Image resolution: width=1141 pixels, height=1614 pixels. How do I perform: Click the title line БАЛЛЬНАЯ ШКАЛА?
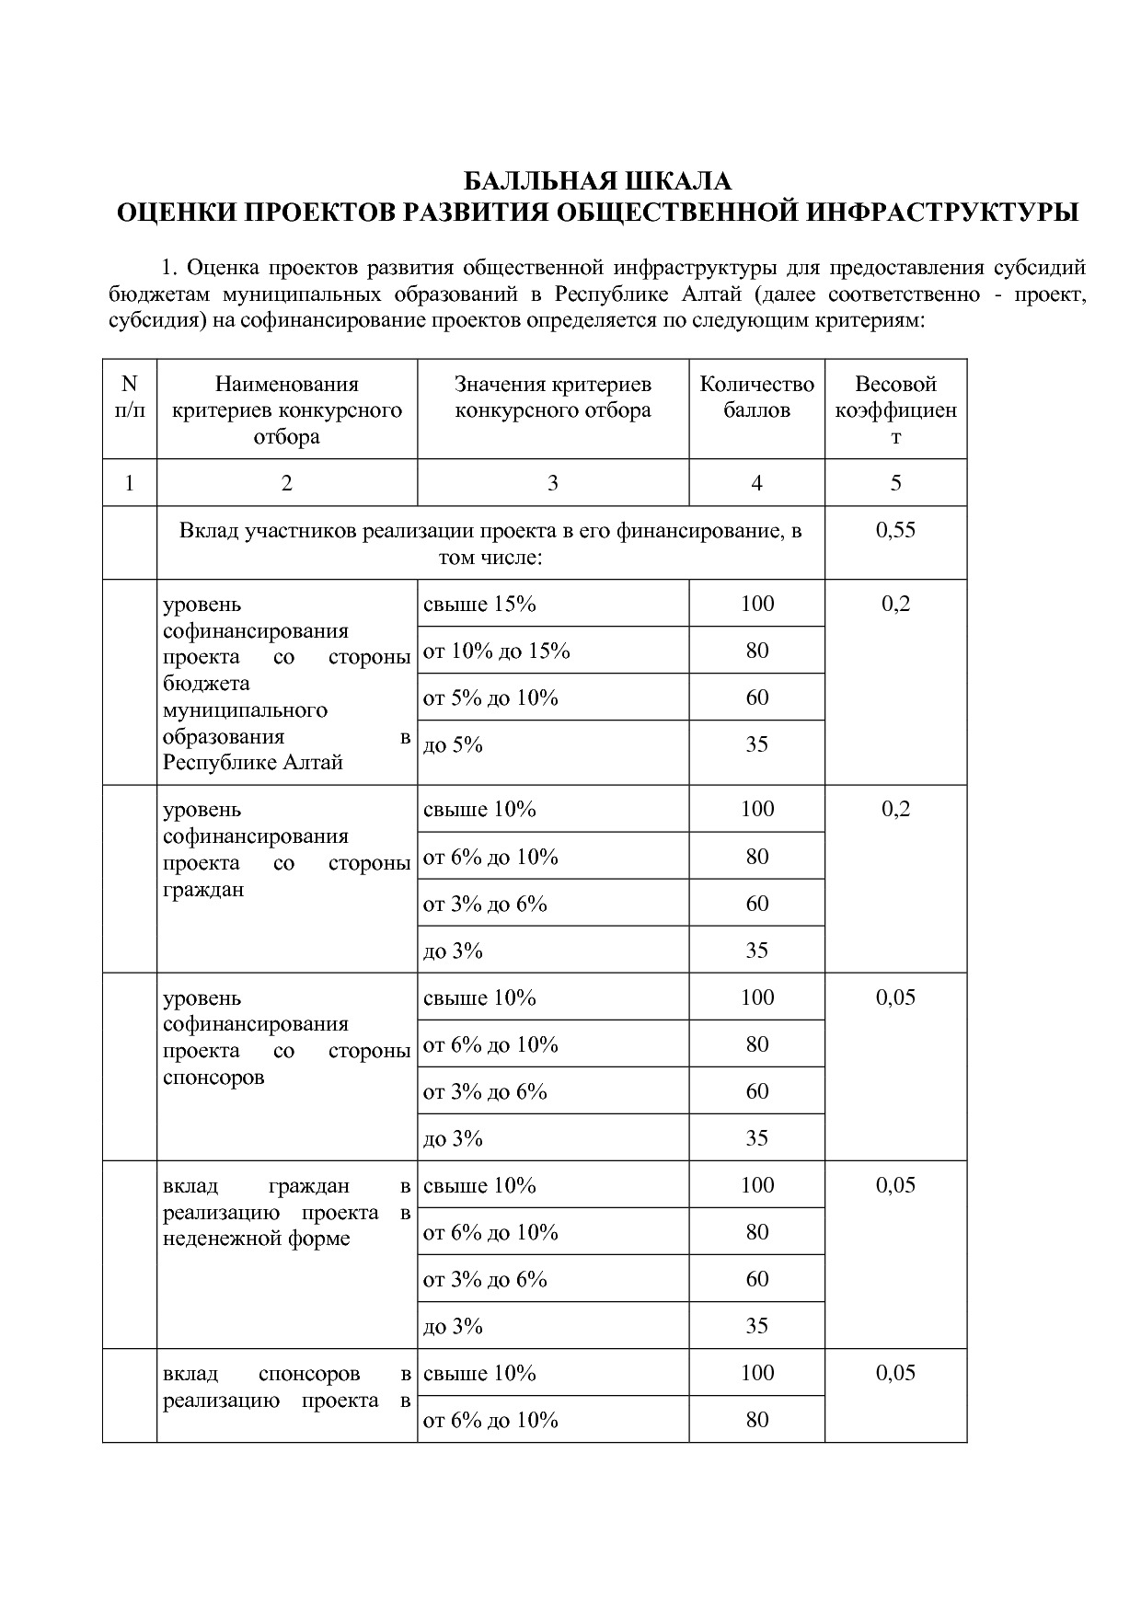[596, 180]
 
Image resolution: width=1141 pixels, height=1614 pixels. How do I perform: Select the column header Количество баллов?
[756, 398]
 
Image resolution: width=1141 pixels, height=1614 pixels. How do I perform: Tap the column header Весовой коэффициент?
[895, 409]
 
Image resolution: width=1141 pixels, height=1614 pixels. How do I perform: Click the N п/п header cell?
[129, 398]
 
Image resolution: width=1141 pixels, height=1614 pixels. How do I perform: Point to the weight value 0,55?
[895, 530]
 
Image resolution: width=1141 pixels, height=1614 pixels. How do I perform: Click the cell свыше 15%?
[479, 604]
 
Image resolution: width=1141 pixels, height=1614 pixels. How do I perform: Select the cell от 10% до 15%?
[496, 651]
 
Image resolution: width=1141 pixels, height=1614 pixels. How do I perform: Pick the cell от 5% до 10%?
[490, 697]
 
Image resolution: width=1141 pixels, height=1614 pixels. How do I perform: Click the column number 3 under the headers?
[552, 483]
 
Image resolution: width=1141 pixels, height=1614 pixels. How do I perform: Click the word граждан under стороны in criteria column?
[203, 890]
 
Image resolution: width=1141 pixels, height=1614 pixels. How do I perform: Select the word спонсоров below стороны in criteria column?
[213, 1078]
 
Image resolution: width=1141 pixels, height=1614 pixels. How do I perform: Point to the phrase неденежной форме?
[256, 1239]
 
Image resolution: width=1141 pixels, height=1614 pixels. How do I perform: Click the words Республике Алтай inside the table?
[253, 763]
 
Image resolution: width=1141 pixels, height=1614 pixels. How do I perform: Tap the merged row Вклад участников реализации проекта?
[490, 544]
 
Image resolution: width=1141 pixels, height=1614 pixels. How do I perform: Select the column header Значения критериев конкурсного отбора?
[552, 398]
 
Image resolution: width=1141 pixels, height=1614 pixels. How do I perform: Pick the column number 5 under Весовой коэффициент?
[895, 483]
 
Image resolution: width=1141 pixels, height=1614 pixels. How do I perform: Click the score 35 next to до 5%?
[756, 744]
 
